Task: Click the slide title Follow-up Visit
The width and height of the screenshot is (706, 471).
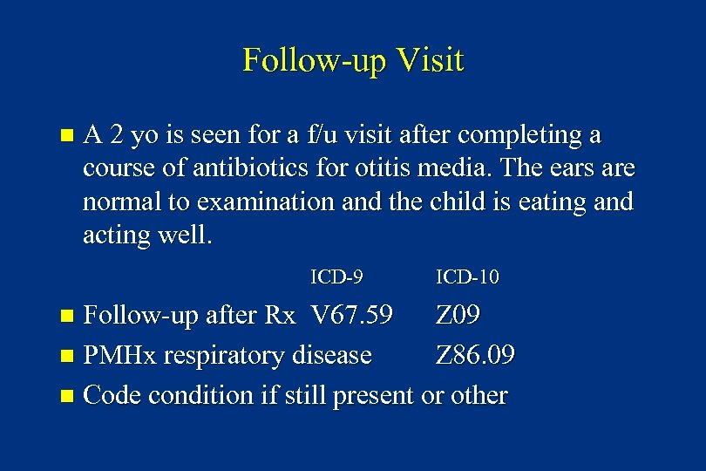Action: (353, 60)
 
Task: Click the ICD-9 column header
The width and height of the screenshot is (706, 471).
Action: (336, 277)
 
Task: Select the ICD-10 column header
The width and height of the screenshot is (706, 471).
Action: (467, 277)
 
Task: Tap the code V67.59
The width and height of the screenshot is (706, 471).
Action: (351, 315)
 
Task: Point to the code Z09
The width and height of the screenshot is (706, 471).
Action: (458, 315)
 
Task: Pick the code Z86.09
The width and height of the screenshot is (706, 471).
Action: (475, 355)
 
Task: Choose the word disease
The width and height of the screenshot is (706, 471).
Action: (333, 355)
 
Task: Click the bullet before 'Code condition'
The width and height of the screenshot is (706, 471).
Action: (69, 396)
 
